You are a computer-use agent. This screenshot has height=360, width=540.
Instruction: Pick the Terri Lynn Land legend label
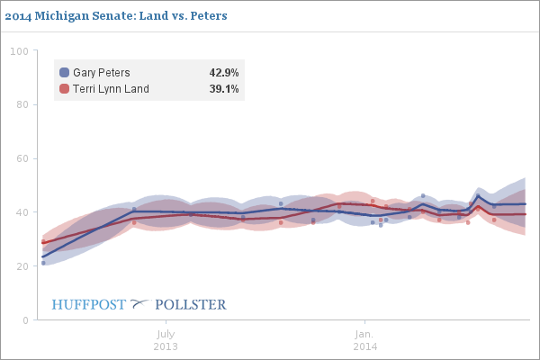(x=111, y=89)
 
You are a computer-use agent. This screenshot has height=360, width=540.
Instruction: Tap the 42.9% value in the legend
(x=223, y=73)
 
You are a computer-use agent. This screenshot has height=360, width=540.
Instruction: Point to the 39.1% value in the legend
(x=223, y=89)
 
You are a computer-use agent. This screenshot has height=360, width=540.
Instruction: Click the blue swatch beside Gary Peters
(x=64, y=73)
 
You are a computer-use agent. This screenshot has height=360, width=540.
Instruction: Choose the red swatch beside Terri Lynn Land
(x=64, y=89)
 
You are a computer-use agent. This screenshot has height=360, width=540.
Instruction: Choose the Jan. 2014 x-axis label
(x=364, y=339)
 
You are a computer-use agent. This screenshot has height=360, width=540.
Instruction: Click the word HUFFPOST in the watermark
(x=89, y=304)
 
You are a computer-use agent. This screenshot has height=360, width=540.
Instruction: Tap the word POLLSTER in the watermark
(x=192, y=304)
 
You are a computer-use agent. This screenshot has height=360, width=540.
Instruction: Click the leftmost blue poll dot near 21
(x=43, y=263)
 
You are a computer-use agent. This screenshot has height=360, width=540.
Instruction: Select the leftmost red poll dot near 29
(x=43, y=241)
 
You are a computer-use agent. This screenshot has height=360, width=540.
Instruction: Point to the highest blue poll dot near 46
(x=423, y=195)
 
